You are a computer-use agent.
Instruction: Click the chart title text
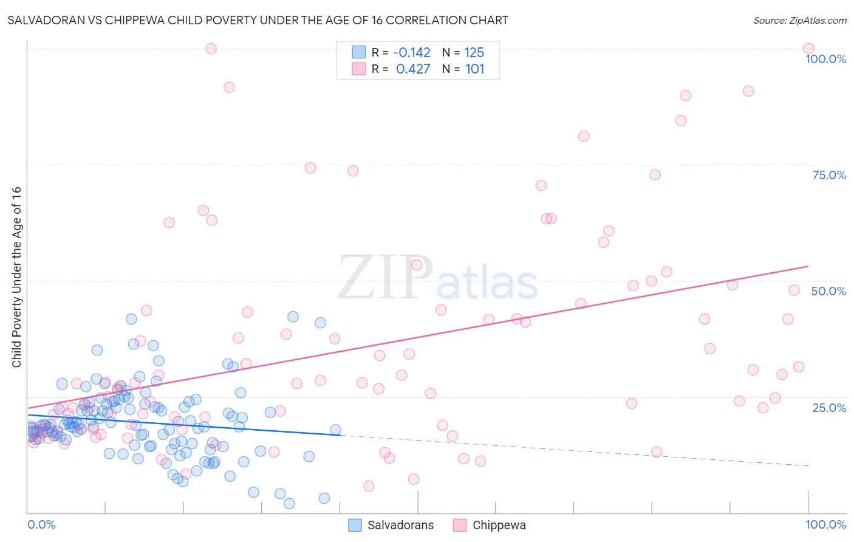point(258,20)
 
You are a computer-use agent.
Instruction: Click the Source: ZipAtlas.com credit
point(799,21)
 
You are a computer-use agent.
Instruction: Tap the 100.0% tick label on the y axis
point(825,59)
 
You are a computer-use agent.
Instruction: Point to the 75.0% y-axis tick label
point(829,175)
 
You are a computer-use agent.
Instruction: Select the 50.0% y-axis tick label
point(828,291)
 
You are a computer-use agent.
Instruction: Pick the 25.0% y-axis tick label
point(829,407)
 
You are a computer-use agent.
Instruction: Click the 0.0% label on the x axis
point(41,524)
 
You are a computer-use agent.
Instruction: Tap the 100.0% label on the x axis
point(825,524)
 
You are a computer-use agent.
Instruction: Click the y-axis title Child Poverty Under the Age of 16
point(16,276)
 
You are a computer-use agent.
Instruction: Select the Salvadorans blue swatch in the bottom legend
point(355,525)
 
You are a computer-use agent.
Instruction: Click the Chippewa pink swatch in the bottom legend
point(460,525)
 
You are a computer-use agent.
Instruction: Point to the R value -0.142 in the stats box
point(412,53)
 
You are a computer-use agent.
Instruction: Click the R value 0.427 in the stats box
point(413,69)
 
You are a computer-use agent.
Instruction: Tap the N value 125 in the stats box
point(474,53)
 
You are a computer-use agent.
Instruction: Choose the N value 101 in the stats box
point(474,69)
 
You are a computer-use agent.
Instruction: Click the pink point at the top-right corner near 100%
point(808,49)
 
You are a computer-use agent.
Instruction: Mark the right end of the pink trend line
point(808,266)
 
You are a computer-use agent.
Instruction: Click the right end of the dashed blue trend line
point(808,465)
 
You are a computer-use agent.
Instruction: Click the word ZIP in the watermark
point(385,277)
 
